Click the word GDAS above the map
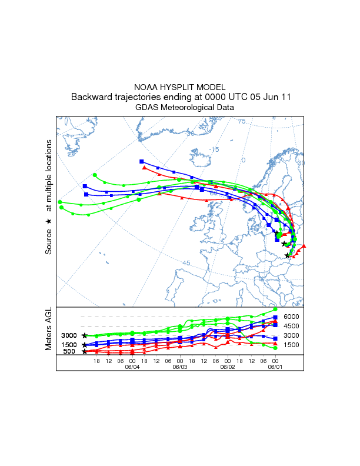click(x=146, y=108)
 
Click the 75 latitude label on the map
click(x=241, y=121)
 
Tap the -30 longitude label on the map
click(x=189, y=134)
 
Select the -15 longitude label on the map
click(x=214, y=149)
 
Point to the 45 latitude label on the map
click(x=186, y=263)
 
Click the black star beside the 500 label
click(x=85, y=352)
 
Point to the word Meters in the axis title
click(x=49, y=340)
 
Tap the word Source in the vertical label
click(x=49, y=242)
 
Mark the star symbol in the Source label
click(x=49, y=221)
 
